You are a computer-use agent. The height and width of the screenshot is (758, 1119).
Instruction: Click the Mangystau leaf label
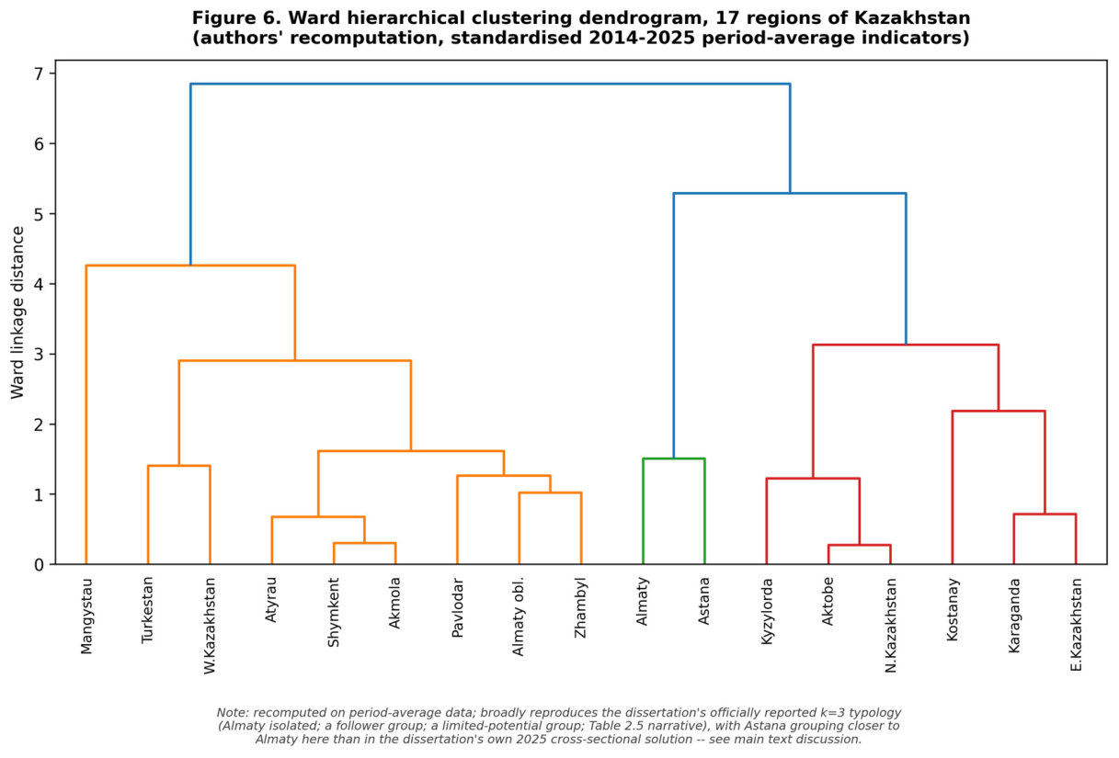(x=86, y=617)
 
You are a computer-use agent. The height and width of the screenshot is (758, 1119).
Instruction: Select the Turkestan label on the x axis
(x=147, y=610)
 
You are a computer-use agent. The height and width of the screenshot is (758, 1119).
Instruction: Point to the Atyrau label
(x=271, y=600)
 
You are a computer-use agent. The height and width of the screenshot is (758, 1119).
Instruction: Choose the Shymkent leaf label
(x=333, y=613)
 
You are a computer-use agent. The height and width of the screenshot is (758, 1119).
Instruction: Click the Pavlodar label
(x=457, y=608)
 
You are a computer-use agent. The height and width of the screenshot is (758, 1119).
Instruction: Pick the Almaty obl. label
(x=519, y=617)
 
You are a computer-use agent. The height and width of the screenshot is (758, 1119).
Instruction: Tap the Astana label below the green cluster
(x=704, y=601)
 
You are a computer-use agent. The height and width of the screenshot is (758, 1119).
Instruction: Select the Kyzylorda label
(x=767, y=611)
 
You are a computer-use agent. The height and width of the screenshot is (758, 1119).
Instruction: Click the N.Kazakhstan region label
(x=891, y=626)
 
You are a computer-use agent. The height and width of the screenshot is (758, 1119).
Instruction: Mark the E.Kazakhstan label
(x=1076, y=625)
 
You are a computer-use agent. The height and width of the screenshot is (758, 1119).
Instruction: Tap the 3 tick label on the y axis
(x=39, y=355)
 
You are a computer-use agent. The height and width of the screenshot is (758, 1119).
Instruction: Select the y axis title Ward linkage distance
(x=17, y=312)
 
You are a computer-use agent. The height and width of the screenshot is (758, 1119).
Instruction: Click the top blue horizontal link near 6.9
(x=490, y=84)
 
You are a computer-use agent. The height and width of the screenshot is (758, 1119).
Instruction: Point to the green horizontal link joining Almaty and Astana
(x=673, y=458)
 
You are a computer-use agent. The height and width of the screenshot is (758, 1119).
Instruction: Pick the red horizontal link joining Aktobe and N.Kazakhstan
(x=859, y=545)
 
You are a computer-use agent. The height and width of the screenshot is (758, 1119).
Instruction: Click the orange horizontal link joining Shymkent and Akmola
(x=365, y=543)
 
